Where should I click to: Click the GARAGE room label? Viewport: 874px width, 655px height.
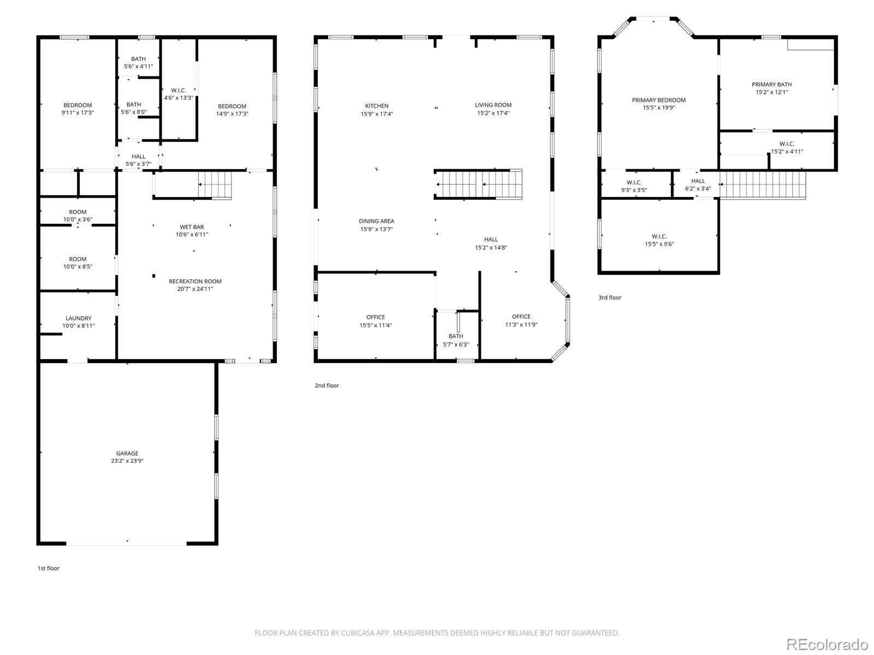127,453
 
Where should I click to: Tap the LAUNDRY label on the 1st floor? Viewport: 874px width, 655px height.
78,318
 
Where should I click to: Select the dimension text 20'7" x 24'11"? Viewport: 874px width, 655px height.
195,289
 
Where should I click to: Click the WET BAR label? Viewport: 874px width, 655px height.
192,227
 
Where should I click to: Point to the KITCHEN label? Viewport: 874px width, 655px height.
377,106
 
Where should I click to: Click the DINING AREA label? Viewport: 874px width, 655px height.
376,221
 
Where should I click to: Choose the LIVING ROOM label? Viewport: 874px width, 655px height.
493,105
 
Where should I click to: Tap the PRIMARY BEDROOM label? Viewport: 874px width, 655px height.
659,100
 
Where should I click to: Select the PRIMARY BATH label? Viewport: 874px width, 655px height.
771,84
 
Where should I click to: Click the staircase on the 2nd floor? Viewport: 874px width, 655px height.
478,184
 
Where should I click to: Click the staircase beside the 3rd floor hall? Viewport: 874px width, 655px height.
762,185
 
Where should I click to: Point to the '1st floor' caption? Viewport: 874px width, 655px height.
49,568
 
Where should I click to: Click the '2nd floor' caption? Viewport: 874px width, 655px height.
327,385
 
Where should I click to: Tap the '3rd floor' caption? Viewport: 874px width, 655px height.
610,297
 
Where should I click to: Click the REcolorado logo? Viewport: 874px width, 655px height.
827,644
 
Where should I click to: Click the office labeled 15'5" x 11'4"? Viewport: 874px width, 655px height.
375,321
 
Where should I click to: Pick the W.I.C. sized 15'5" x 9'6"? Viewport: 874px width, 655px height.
659,240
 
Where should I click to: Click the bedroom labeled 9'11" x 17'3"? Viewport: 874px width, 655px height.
78,109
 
